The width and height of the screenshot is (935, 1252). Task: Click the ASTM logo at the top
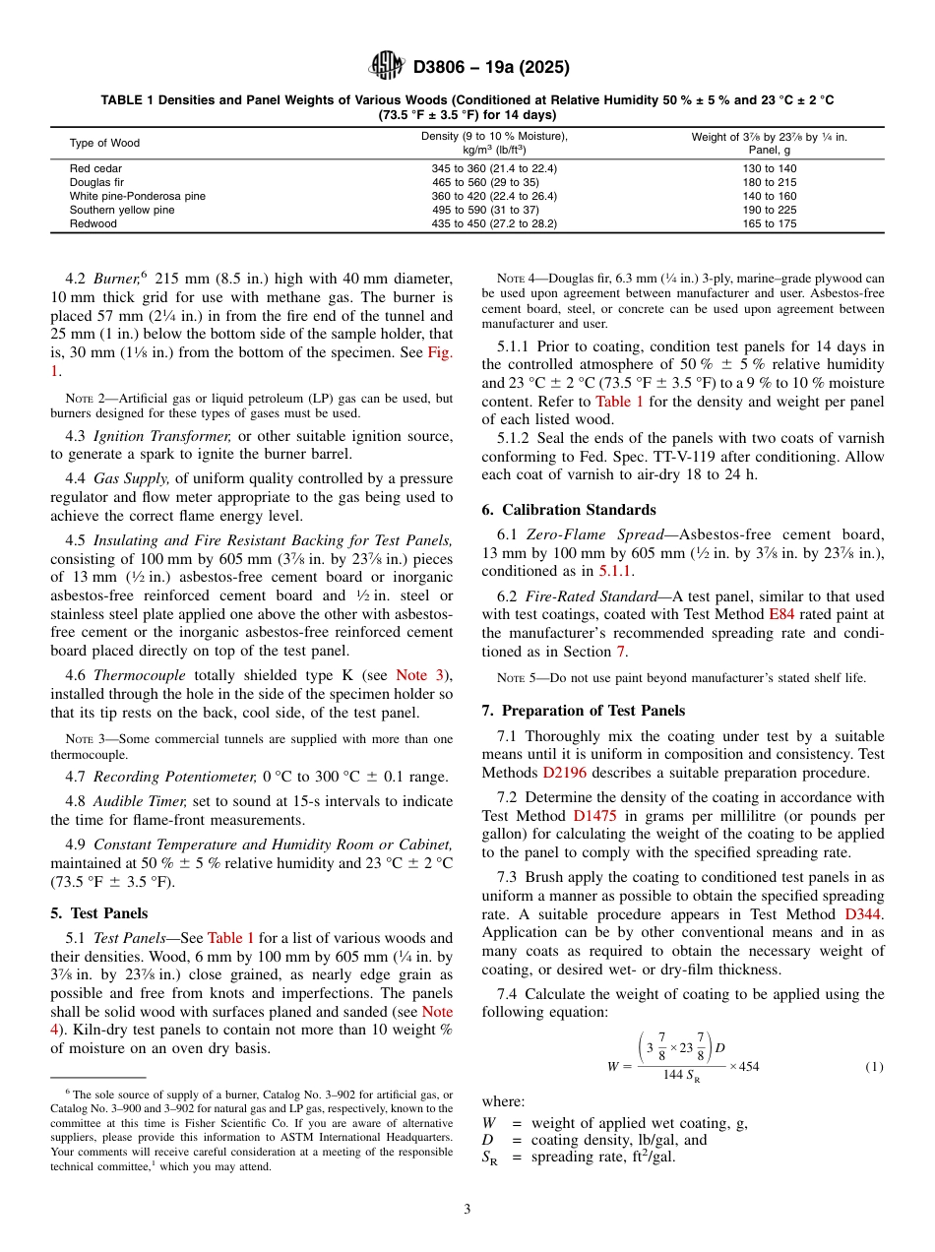386,67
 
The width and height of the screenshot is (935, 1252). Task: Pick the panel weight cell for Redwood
769,223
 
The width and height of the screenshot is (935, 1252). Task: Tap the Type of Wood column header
104,143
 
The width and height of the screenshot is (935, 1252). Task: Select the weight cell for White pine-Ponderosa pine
769,196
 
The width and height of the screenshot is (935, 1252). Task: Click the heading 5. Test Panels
98,912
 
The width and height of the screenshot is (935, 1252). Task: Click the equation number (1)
872,1066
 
